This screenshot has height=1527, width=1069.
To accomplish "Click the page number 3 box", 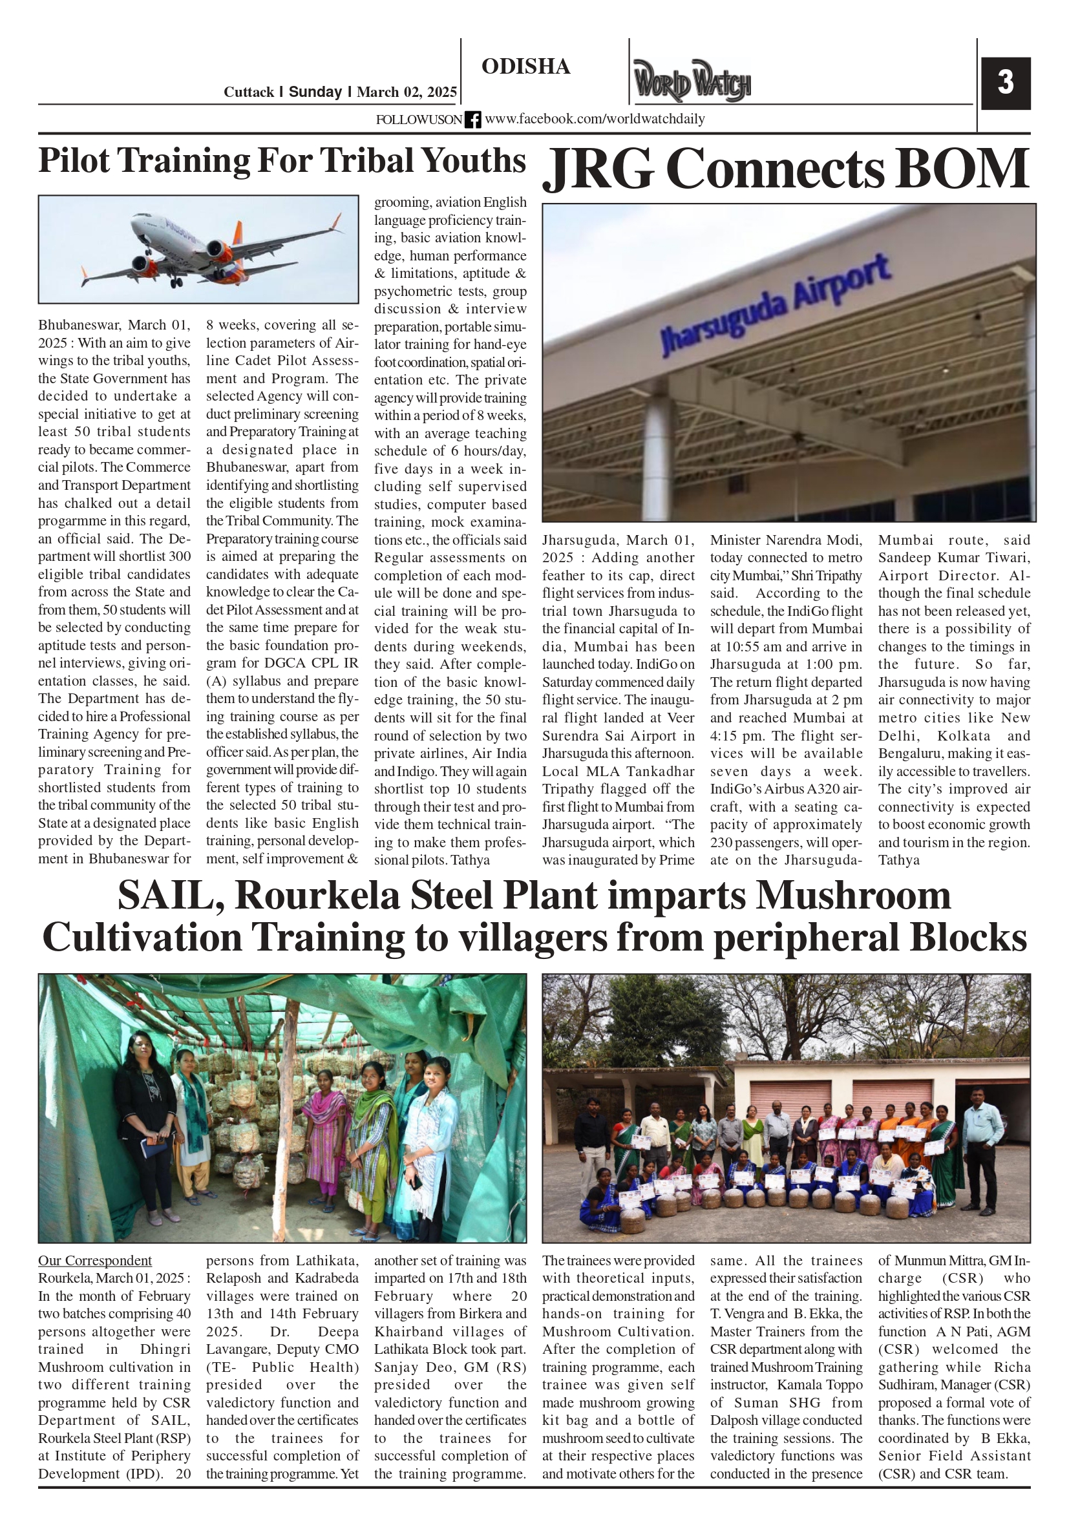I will coord(1005,83).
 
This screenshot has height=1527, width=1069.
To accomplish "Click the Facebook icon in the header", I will coord(472,120).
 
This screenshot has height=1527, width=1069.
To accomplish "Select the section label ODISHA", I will coord(525,67).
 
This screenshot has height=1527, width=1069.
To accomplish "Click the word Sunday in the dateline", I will coord(315,92).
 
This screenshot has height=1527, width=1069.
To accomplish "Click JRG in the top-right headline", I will coord(598,170).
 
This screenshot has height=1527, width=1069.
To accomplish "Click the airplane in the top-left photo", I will coord(213,249).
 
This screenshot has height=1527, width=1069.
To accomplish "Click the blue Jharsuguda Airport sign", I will coord(775,305).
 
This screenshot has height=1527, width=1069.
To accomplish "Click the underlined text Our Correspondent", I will coord(94,1260).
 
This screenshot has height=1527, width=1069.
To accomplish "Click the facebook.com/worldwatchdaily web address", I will coord(594,119).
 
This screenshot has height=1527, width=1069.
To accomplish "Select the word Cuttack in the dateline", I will coord(249,92).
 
